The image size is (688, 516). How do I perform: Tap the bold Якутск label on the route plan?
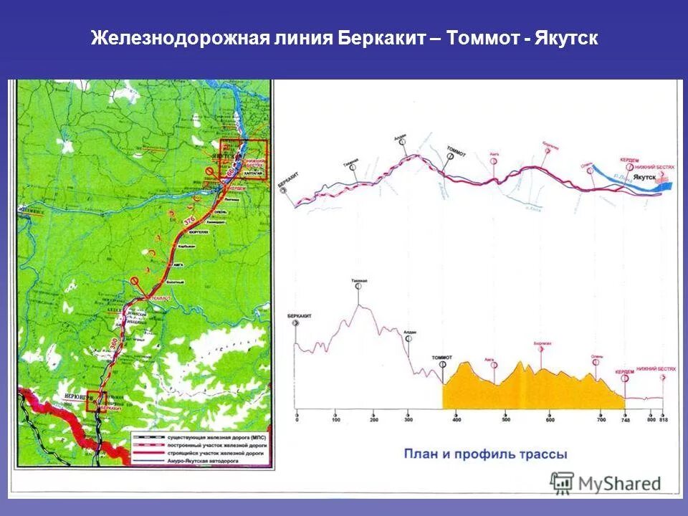645,176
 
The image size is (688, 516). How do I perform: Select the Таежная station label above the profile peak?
359,280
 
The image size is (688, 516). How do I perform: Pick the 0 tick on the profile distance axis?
296,419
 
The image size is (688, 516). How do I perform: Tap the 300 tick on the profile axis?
408,419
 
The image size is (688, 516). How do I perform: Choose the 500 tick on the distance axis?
506,419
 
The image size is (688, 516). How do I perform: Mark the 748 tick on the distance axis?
625,419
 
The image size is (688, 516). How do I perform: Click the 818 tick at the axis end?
663,419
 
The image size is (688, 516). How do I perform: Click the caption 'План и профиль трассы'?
485,454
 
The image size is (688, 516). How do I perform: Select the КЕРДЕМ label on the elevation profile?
624,372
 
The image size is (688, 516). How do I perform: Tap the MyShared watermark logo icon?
563,482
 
